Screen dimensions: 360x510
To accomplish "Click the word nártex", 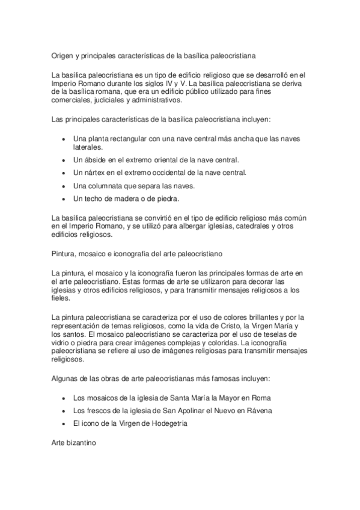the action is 96,173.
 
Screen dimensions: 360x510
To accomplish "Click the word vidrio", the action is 63,343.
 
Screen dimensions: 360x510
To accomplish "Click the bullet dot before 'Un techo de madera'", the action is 65,198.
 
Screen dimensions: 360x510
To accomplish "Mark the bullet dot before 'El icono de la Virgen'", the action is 65,423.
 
